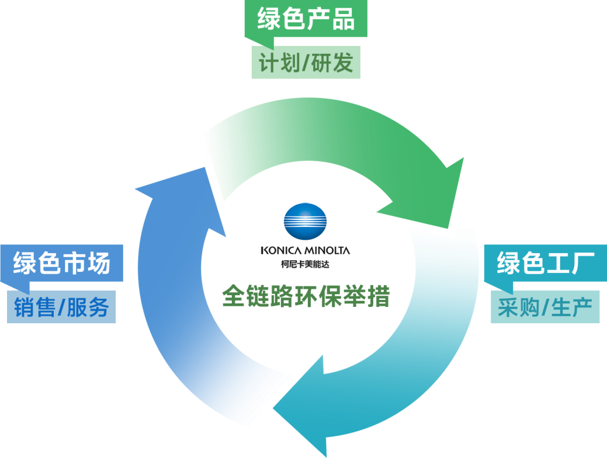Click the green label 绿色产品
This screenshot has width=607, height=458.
[x=306, y=20]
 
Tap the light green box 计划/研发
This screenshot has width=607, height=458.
[x=306, y=62]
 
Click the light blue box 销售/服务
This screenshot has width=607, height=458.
[x=62, y=307]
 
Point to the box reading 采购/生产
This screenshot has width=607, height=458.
[x=545, y=307]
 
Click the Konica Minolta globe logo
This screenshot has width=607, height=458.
[x=305, y=222]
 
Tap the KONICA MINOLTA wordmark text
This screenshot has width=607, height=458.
[x=305, y=251]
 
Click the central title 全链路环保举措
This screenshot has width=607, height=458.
[x=305, y=296]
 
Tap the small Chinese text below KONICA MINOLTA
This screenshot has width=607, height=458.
[x=304, y=263]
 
